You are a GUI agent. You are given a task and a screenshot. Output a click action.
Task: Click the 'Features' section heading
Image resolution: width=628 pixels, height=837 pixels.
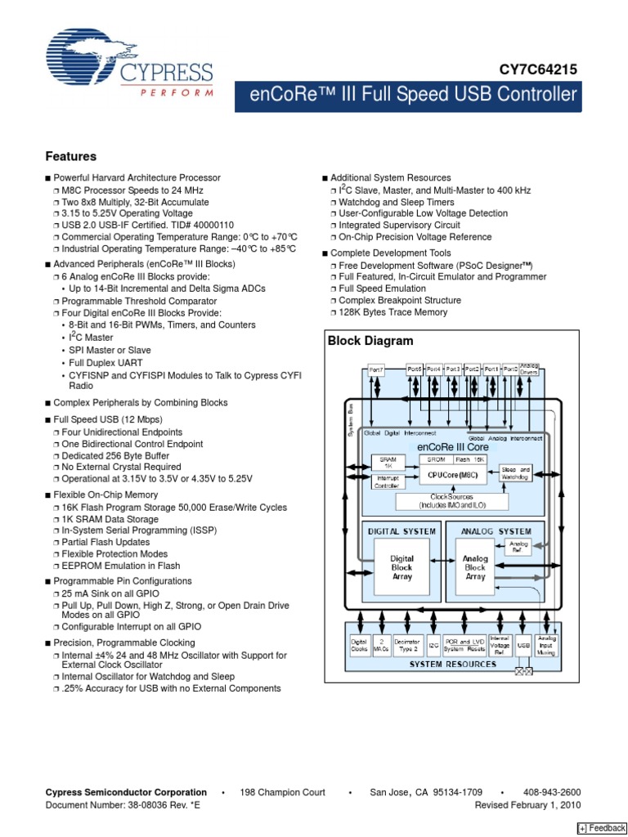click(70, 156)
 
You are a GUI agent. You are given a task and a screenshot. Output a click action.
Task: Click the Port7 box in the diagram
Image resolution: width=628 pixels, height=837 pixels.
click(376, 369)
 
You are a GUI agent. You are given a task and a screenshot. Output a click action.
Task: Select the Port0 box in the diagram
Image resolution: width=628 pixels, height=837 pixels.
click(510, 369)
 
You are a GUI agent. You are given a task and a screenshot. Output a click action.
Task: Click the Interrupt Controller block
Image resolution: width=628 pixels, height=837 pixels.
click(385, 481)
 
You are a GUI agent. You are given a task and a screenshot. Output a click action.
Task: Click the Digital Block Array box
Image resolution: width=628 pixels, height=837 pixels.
click(401, 567)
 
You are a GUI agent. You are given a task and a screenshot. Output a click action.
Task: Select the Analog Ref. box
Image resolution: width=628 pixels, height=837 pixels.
click(519, 545)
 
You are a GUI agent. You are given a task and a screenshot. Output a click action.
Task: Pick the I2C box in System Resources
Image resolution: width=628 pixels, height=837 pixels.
click(433, 646)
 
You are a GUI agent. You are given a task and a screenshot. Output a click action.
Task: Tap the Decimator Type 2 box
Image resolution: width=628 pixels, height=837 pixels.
click(407, 646)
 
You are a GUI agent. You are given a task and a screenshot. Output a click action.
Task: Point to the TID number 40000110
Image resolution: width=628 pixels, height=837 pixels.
click(208, 225)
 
